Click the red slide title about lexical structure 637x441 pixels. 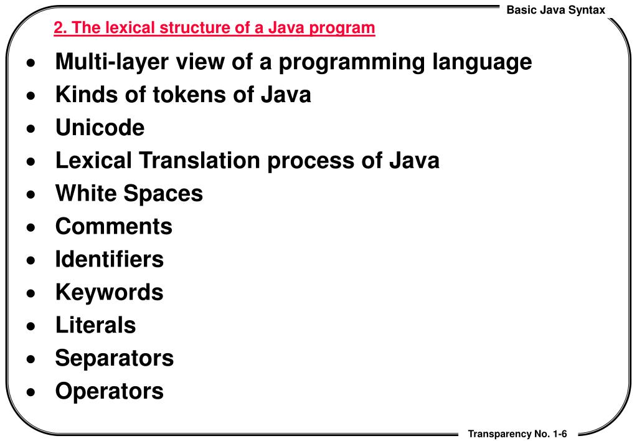coord(214,28)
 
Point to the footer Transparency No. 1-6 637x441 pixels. coord(518,434)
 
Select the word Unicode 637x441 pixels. coord(100,128)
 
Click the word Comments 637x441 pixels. coord(113,226)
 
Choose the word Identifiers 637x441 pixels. coord(109,259)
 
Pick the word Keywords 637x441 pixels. coord(109,292)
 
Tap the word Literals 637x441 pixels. coord(95,325)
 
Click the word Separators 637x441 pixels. coord(114,358)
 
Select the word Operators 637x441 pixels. coord(109,391)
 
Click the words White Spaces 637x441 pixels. coord(129,193)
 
